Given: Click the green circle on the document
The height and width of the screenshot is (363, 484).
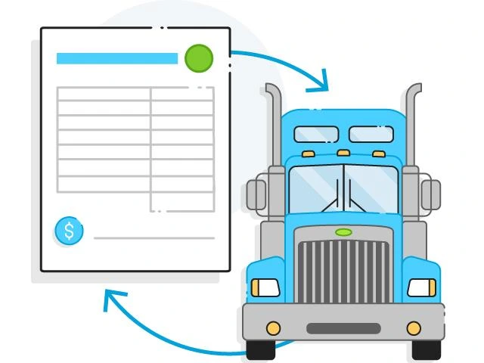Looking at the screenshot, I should tap(199, 58).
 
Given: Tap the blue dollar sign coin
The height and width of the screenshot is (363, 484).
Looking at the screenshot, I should tap(69, 231).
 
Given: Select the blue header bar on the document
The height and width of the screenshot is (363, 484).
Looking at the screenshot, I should tap(117, 58).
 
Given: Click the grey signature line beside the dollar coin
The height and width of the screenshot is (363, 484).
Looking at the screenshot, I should tap(154, 238).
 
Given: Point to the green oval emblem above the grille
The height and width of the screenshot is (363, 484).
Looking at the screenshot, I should tap(343, 231).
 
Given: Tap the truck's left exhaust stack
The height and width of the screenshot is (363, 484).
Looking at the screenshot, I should tap(273, 129).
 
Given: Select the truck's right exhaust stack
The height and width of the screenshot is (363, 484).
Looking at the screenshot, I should tap(413, 129).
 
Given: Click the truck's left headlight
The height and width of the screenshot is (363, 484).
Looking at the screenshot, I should tap(265, 287).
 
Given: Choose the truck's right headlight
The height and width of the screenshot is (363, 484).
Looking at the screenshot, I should tap(421, 287).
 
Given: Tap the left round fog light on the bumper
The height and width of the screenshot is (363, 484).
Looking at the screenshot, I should tap(273, 328).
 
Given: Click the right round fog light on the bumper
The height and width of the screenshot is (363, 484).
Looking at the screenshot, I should tap(414, 328).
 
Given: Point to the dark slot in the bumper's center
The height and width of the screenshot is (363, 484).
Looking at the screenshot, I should tap(343, 329).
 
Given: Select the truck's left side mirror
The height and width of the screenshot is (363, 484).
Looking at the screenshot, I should tap(257, 195).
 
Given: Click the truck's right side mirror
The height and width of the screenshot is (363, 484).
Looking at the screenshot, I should tap(430, 194).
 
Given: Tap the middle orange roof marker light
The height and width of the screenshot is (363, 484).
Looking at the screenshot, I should tap(343, 153).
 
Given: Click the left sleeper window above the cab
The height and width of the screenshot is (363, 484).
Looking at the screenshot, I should tap(316, 135).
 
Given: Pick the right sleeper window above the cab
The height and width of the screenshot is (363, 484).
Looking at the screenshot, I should tap(371, 135).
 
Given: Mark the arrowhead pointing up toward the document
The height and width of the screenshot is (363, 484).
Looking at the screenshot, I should tap(112, 299).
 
